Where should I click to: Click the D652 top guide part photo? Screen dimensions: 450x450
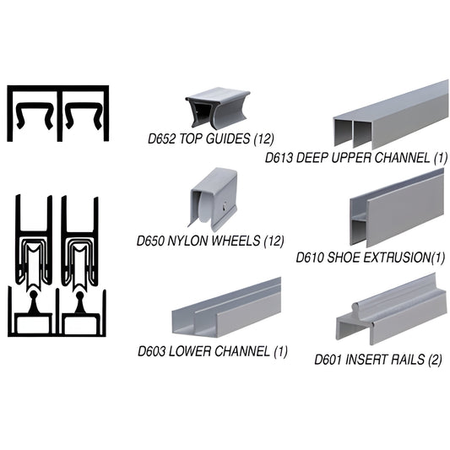pos(218,107)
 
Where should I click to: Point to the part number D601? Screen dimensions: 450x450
pos(331,358)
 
